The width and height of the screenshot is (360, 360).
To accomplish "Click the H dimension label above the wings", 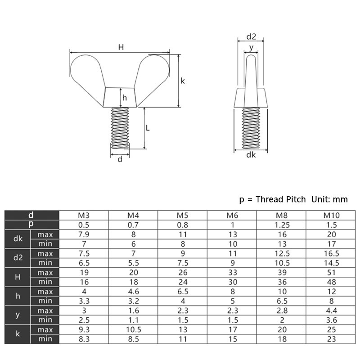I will (x=121, y=46).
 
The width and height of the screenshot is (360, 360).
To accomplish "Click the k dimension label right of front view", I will (x=183, y=81).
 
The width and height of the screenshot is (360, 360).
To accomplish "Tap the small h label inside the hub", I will (x=125, y=98).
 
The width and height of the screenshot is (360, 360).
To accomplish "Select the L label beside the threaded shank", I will (x=148, y=128).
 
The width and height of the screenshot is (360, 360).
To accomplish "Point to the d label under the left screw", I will (x=120, y=159).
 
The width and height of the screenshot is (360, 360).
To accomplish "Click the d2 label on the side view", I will (x=251, y=36).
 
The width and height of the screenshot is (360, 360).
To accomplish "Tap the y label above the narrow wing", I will (x=251, y=46).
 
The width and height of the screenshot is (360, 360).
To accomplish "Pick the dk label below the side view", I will (x=251, y=155).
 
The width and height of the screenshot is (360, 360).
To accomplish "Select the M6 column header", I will (x=232, y=215).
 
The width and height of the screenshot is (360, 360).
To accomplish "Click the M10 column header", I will (x=332, y=215).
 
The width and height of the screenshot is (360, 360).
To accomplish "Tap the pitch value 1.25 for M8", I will (x=281, y=225).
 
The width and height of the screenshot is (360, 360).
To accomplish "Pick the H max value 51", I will (x=332, y=272).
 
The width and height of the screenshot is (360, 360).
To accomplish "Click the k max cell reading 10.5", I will (x=134, y=329).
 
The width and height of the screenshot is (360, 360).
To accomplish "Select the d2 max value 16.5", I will (x=332, y=253).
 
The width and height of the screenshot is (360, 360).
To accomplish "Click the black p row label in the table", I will (x=31, y=225).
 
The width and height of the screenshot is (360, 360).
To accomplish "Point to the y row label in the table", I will (x=18, y=315).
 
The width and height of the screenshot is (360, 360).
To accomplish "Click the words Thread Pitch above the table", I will (x=281, y=199).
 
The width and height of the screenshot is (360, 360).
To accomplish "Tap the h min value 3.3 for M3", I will (x=84, y=301).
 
